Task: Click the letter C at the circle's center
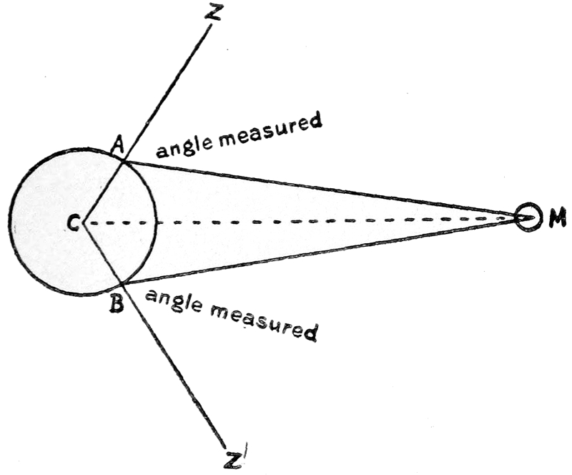pos(71,223)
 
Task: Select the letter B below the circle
pos(117,304)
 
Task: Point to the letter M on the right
pos(557,220)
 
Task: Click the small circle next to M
pos(528,217)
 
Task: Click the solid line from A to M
pos(322,187)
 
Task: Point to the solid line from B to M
pos(322,253)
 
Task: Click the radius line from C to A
pos(104,191)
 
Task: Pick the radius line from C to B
pos(104,254)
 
